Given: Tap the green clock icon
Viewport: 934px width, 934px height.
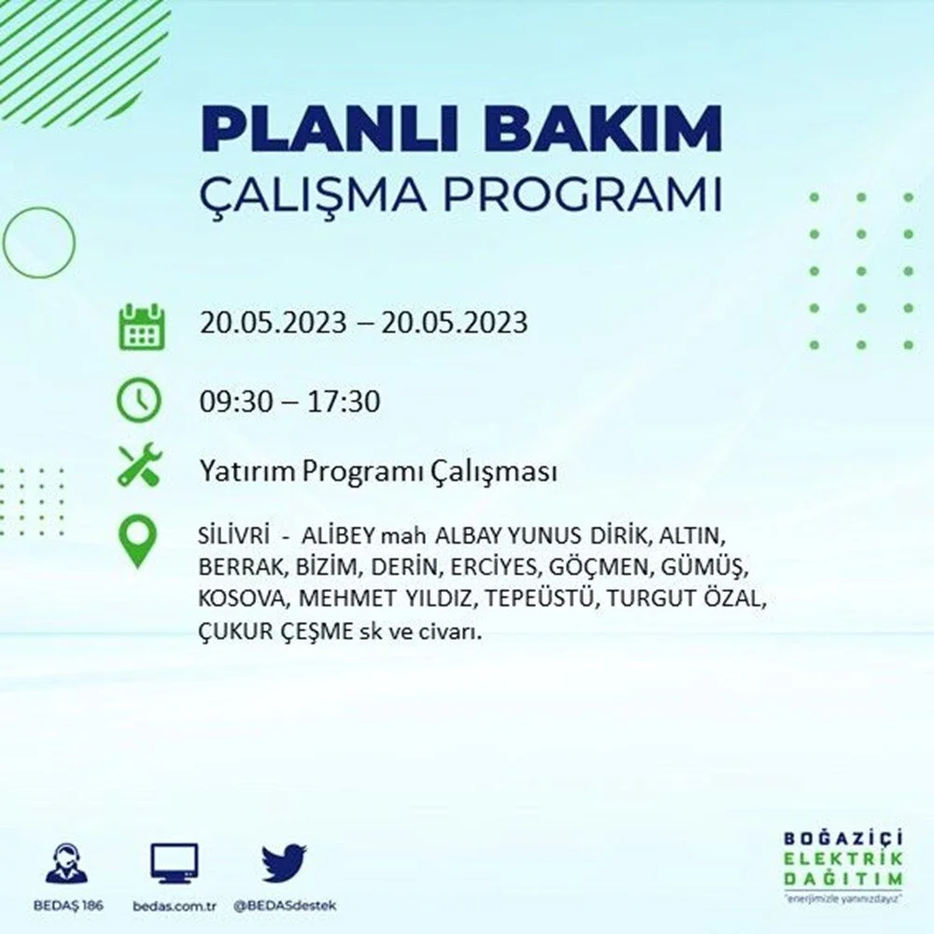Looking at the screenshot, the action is click(x=138, y=401).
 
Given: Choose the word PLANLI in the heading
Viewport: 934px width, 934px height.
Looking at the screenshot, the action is click(x=330, y=130).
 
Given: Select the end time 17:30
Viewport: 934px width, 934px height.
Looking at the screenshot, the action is click(x=344, y=402).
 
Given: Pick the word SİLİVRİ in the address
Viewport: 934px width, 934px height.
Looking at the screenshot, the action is click(x=234, y=535).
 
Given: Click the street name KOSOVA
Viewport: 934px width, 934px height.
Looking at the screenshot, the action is click(x=242, y=598).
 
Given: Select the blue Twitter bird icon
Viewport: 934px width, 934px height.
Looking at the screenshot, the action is click(x=284, y=863).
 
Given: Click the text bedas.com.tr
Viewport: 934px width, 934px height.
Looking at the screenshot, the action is click(x=174, y=906).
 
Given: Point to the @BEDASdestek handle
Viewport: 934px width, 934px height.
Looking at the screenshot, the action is click(x=285, y=906).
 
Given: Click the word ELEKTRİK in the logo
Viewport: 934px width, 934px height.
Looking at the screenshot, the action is click(x=842, y=858).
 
